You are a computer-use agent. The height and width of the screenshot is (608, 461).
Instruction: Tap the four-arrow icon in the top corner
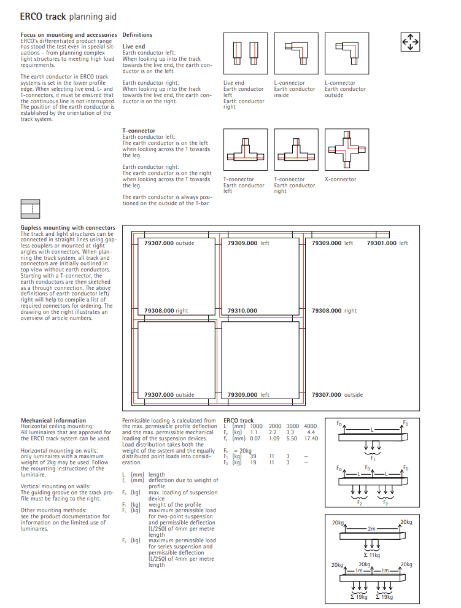[x=409, y=41]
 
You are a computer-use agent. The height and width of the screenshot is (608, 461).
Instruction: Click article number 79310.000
[x=242, y=311]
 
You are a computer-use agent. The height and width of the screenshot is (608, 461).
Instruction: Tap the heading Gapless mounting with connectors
[x=68, y=228]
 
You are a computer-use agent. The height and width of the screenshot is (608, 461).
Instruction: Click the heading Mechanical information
[x=53, y=421]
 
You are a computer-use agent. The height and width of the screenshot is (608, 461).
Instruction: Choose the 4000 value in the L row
[x=310, y=426]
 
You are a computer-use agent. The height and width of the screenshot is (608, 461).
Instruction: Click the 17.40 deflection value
[x=311, y=438]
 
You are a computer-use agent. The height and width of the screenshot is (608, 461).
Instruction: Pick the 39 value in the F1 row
[x=254, y=457]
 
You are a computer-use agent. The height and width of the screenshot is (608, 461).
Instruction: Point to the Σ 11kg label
[x=371, y=555]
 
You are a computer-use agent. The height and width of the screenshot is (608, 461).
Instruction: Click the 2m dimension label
[x=372, y=528]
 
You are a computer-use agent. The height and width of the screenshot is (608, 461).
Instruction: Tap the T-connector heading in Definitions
[x=139, y=131]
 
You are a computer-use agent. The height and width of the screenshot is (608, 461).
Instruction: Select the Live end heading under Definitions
[x=134, y=46]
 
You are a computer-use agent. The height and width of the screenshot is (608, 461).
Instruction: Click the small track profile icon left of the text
[x=30, y=209]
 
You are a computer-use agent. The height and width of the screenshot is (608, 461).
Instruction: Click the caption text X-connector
[x=340, y=179]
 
